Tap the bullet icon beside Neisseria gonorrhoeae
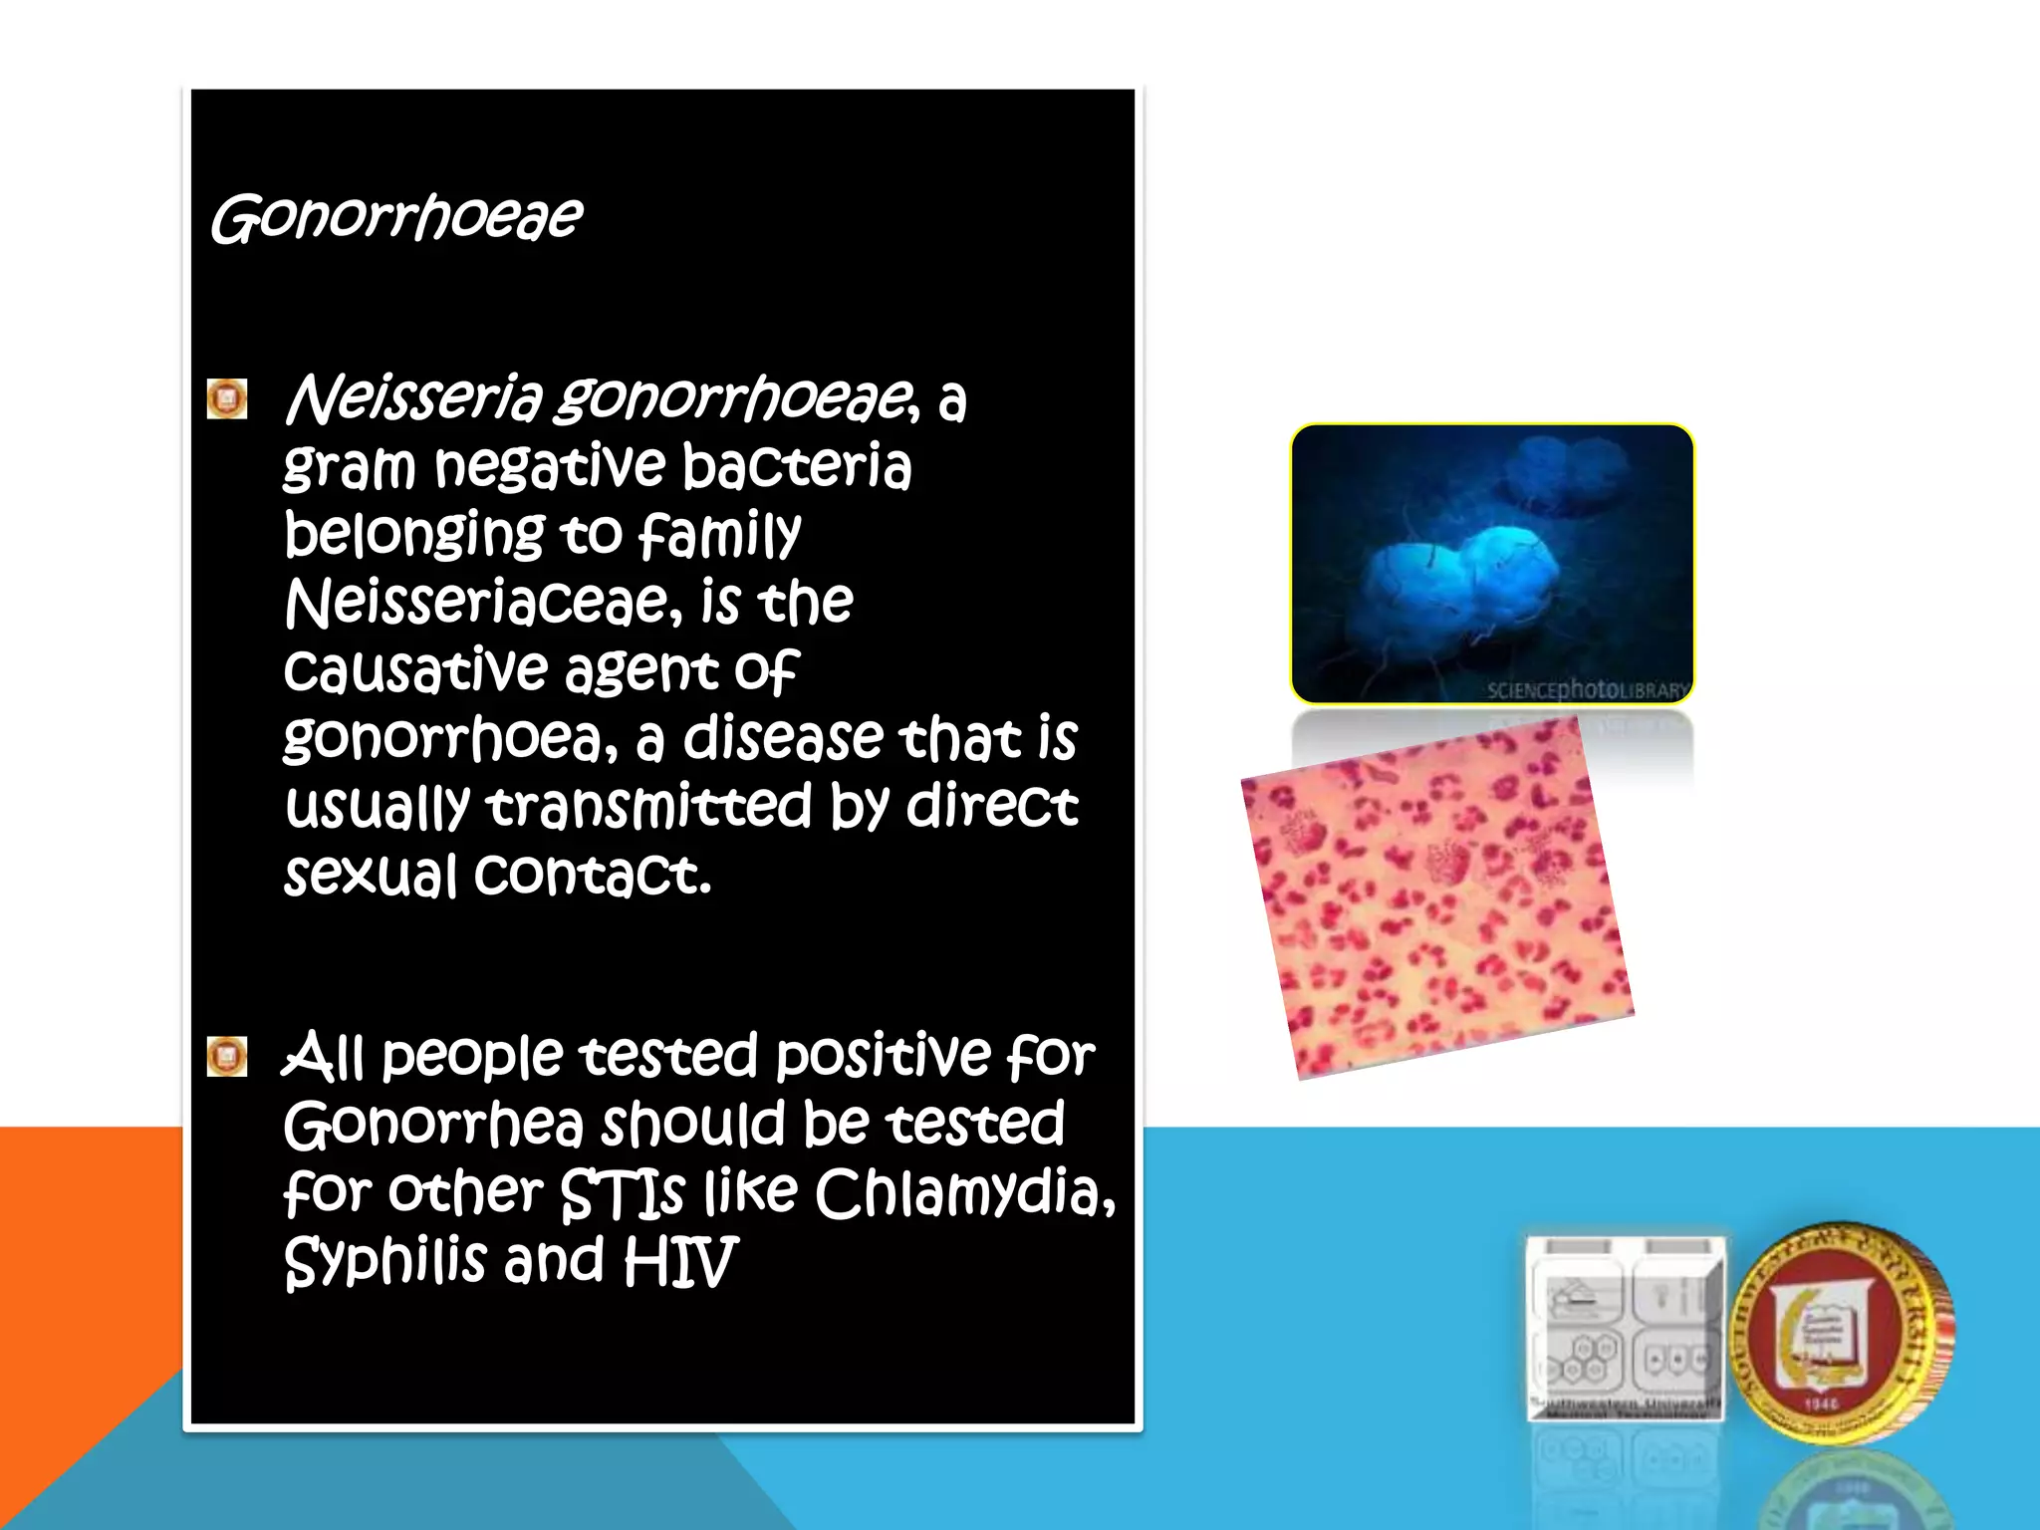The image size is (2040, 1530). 227,398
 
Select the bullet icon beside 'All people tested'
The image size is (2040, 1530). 227,1056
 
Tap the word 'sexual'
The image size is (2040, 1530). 370,875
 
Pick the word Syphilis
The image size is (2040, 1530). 383,1261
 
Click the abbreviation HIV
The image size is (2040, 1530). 680,1261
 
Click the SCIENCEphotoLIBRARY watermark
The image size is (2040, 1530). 1588,689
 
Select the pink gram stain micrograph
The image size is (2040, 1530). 1437,896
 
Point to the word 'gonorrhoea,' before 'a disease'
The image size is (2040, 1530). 451,739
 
